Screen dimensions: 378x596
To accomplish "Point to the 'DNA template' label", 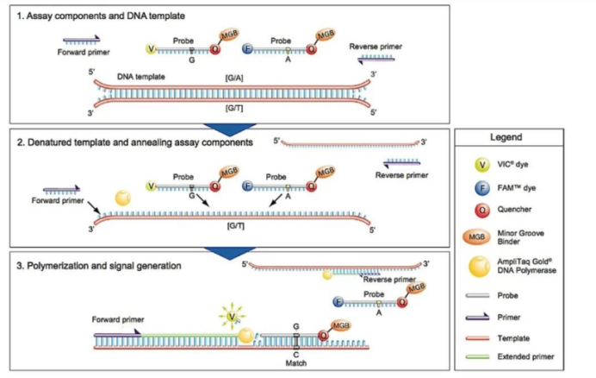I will [141, 77].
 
